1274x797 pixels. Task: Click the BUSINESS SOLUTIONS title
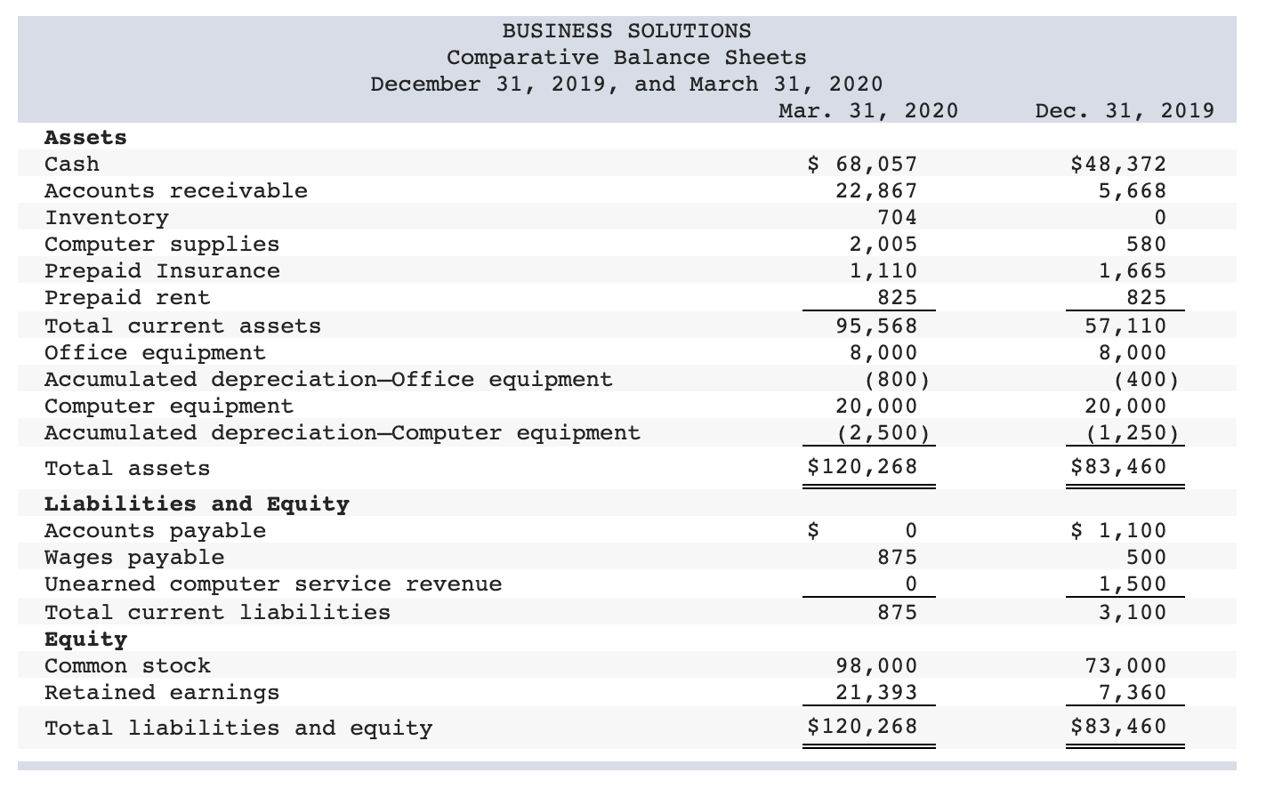click(626, 31)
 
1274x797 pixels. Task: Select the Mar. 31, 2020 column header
click(867, 110)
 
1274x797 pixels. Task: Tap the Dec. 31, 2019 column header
click(1125, 110)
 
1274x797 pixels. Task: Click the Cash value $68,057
click(861, 164)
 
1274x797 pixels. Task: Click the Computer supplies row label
click(162, 244)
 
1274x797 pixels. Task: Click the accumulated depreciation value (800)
click(897, 379)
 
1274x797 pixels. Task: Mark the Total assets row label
click(127, 468)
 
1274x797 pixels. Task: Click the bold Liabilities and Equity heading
click(197, 503)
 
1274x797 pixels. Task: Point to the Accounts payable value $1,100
click(1118, 530)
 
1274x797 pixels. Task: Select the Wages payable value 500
click(1145, 557)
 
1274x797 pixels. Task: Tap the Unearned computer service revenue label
click(273, 584)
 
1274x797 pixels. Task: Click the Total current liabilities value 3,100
click(1132, 612)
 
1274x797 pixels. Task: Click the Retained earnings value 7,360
click(1132, 692)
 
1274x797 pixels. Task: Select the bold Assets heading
click(85, 137)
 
